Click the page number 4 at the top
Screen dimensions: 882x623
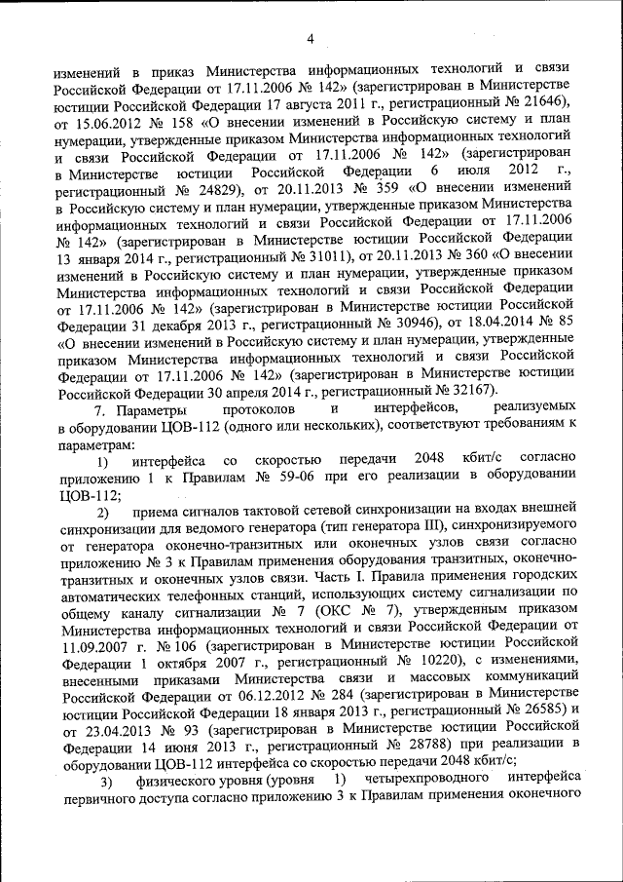(x=311, y=39)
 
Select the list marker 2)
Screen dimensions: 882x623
(x=103, y=513)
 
